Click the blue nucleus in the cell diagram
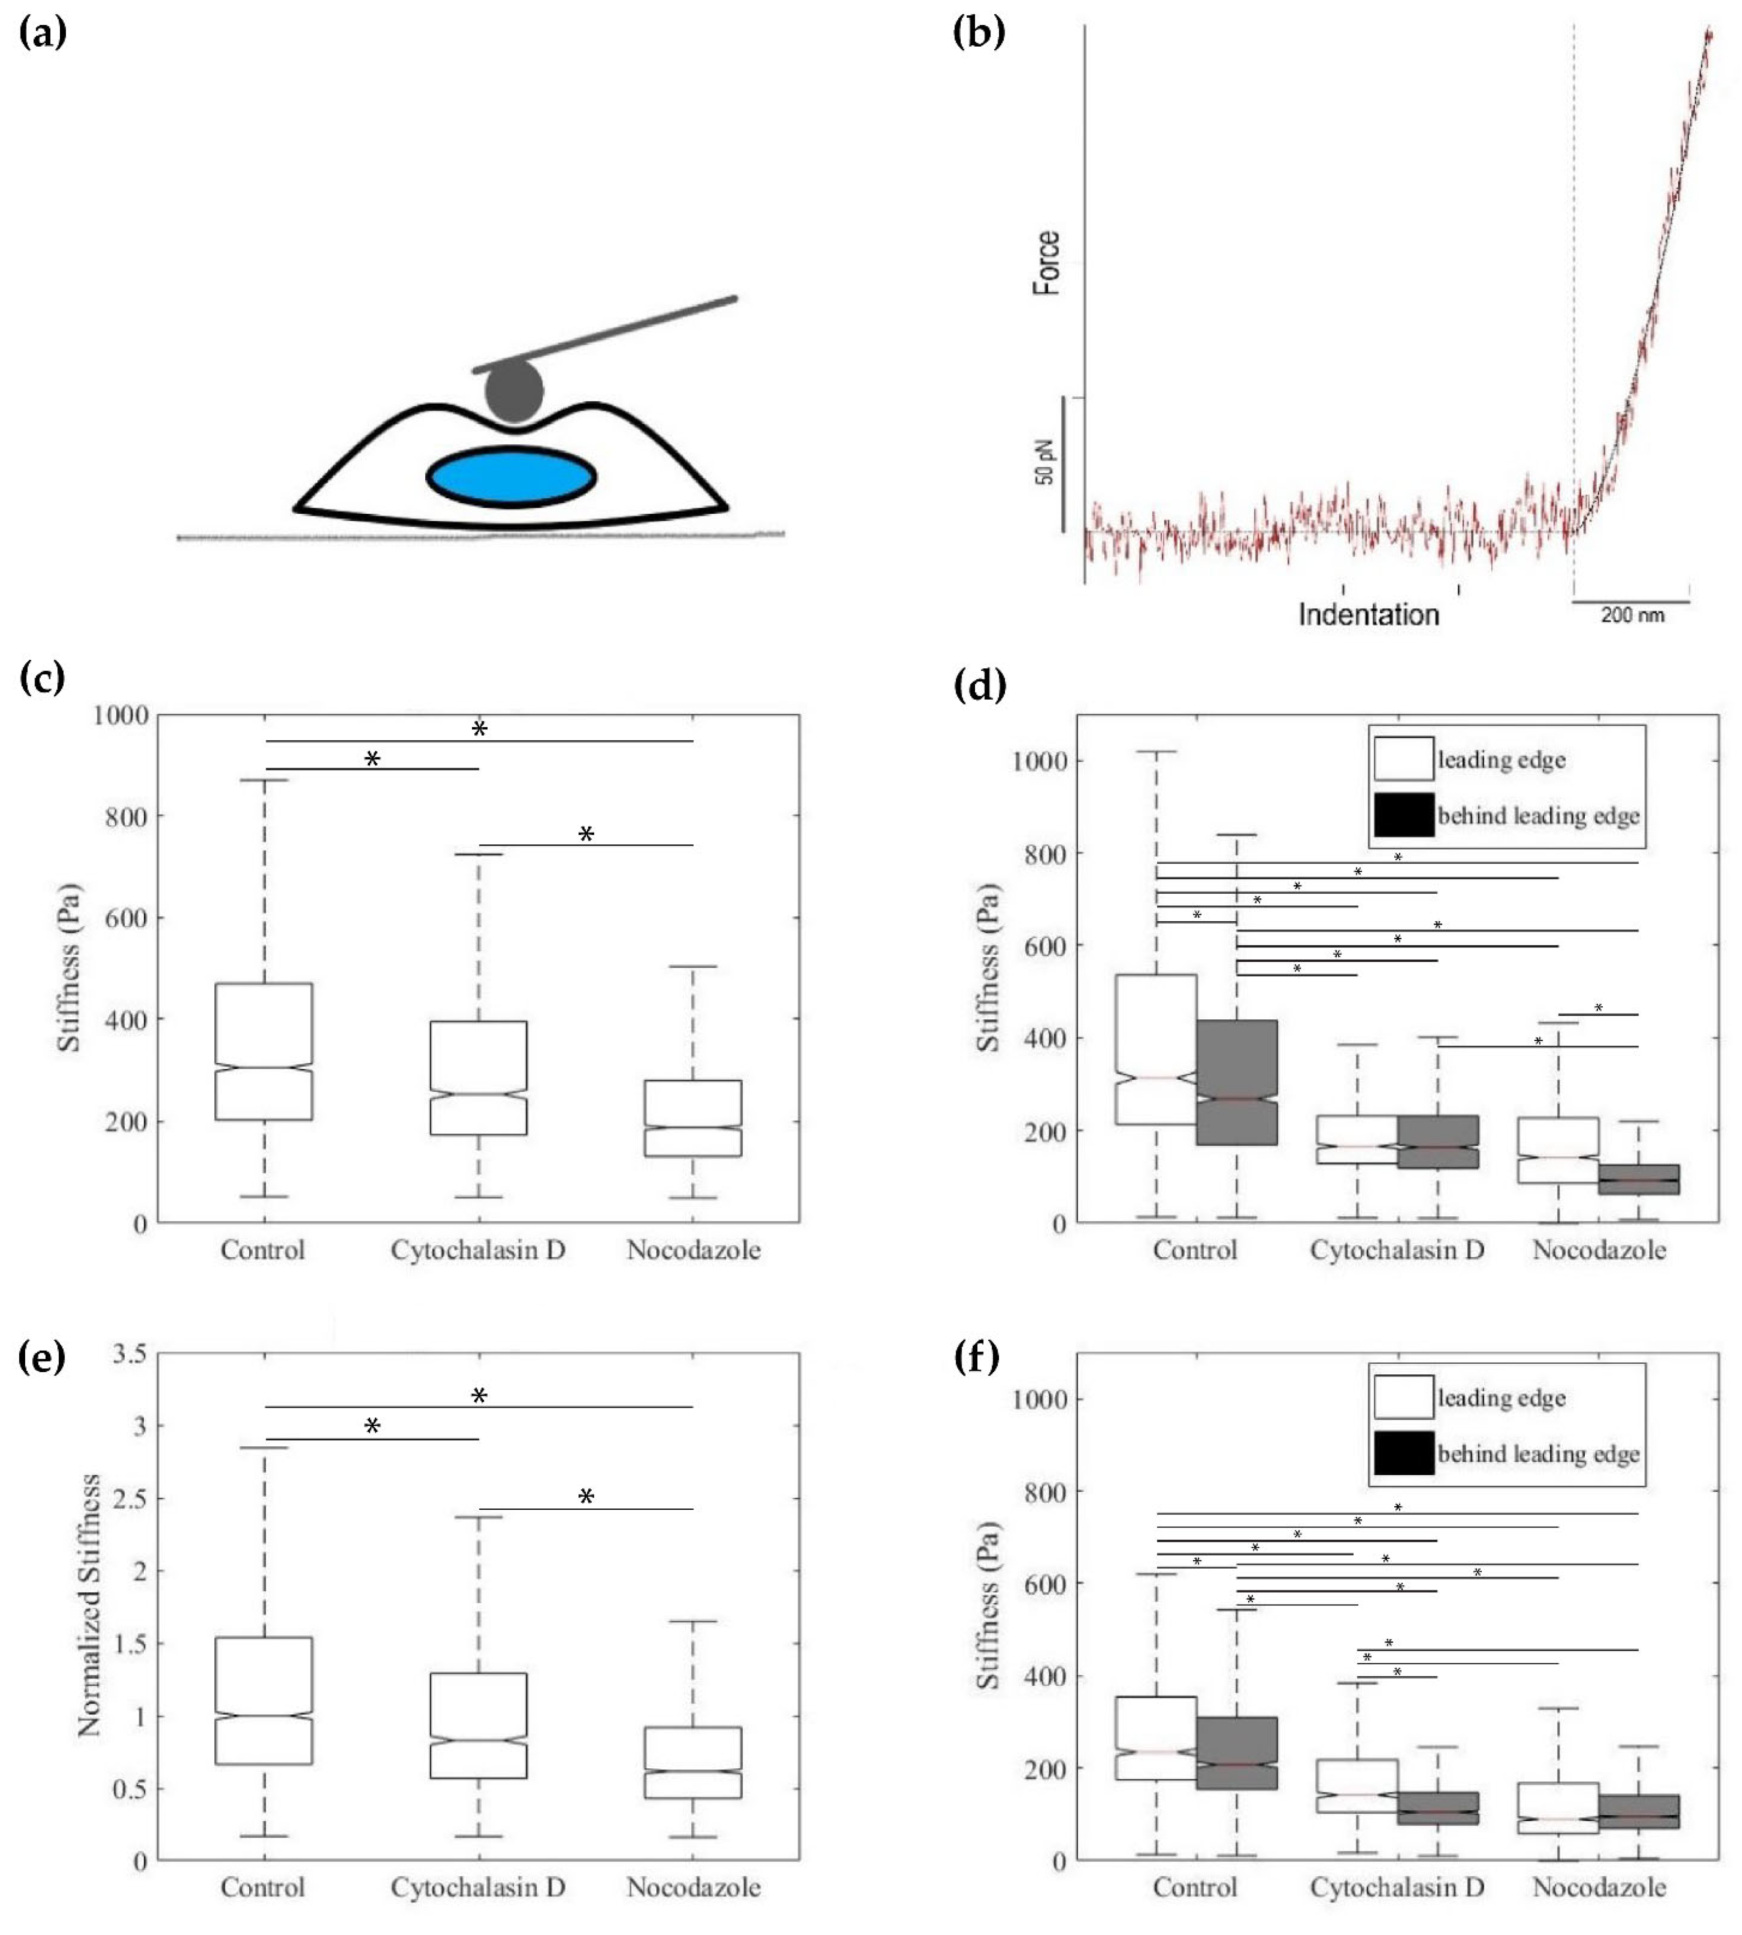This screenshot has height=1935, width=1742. [511, 476]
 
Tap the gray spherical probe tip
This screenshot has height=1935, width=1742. [514, 391]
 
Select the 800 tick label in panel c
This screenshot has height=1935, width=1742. [120, 816]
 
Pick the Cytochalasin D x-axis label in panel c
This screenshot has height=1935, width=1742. [478, 1250]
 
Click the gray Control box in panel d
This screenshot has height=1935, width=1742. [1236, 1081]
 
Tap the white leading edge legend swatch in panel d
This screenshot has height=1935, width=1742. [1403, 759]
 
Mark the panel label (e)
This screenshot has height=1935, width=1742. [42, 1357]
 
